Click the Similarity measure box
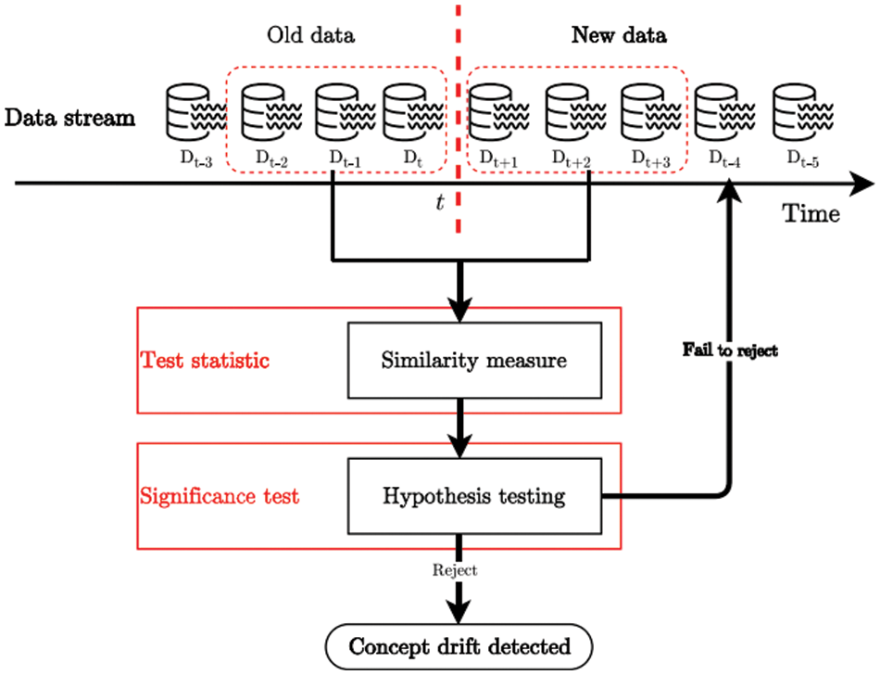[473, 360]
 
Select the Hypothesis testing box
[473, 496]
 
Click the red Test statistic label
[205, 360]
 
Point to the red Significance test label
[220, 496]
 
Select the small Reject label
[454, 571]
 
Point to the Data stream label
[69, 118]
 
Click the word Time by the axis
[812, 213]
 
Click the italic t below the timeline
[440, 201]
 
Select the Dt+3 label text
[649, 160]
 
